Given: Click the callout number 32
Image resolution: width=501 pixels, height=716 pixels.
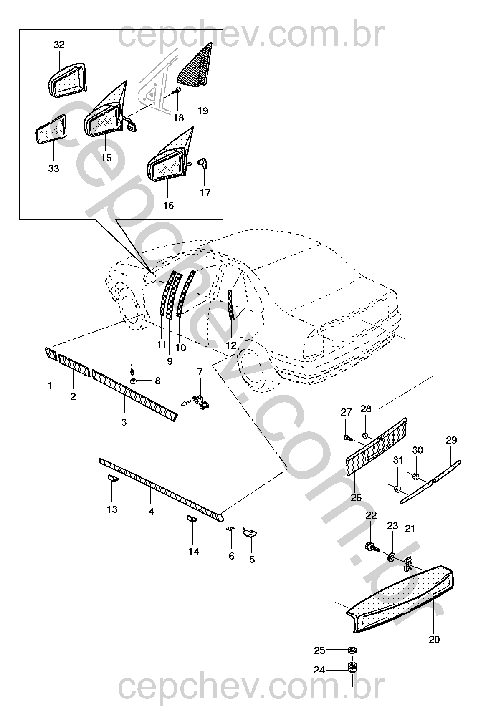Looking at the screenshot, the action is click(59, 45).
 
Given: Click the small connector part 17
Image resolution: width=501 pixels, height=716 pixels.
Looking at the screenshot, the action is click(203, 163).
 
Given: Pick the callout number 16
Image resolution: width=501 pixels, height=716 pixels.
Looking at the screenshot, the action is click(168, 206).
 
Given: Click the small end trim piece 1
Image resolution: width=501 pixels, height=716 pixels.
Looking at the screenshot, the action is click(51, 353).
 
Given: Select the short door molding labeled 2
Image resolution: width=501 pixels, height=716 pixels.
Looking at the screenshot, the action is click(74, 366).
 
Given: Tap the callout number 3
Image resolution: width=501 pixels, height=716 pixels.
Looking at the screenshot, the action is click(124, 422).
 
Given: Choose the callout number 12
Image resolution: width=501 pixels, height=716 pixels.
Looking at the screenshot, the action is click(231, 345).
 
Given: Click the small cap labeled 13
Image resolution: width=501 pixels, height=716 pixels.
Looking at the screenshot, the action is click(112, 478).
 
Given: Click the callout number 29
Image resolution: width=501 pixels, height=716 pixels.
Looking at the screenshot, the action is click(451, 440).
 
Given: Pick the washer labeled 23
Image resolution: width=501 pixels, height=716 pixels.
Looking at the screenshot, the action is click(392, 557).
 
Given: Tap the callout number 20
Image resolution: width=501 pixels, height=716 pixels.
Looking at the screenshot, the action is click(434, 639).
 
